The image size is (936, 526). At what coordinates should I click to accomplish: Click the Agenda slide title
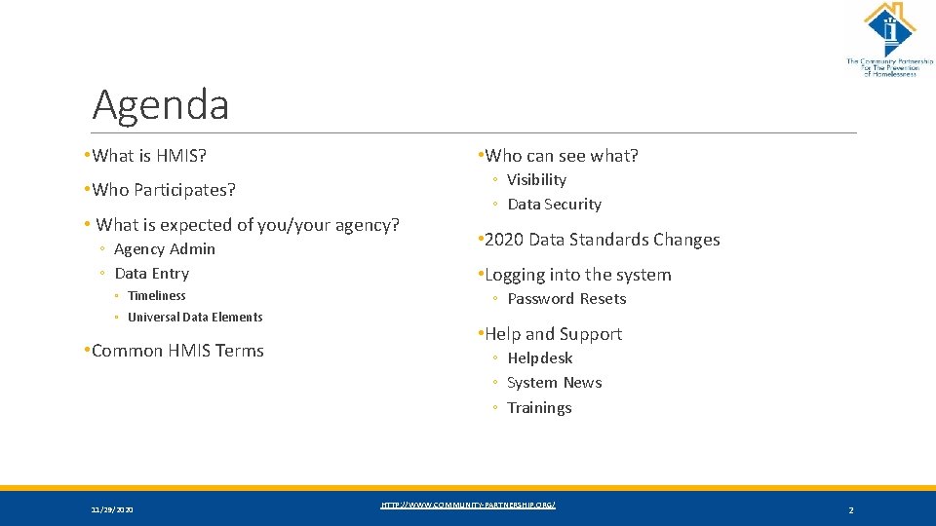pos(161,105)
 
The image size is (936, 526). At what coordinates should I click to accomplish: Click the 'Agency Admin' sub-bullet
pos(165,249)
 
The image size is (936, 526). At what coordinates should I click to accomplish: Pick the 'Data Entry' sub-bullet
pos(151,274)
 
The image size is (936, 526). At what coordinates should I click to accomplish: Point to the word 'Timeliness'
pos(156,296)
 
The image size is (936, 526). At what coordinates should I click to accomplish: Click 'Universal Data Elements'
pos(195,318)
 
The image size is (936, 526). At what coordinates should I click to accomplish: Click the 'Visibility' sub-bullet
pos(536,180)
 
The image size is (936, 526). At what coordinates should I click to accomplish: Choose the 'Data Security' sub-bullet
pos(554,205)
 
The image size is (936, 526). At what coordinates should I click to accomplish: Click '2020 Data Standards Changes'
pos(602,240)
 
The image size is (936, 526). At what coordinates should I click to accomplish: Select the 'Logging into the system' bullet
pos(577,275)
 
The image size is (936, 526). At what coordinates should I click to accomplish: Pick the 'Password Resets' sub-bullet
pos(566,299)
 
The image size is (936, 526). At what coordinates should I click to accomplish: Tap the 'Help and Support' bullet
pos(553,334)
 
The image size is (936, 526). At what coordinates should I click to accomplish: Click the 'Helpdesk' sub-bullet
pos(539,358)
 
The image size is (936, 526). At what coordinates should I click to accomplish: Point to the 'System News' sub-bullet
pos(554,383)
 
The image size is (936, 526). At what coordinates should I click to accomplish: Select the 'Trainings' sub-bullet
pos(539,408)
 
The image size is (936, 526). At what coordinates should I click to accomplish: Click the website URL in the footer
pos(468,505)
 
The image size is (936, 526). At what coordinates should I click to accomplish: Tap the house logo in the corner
pos(888,29)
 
